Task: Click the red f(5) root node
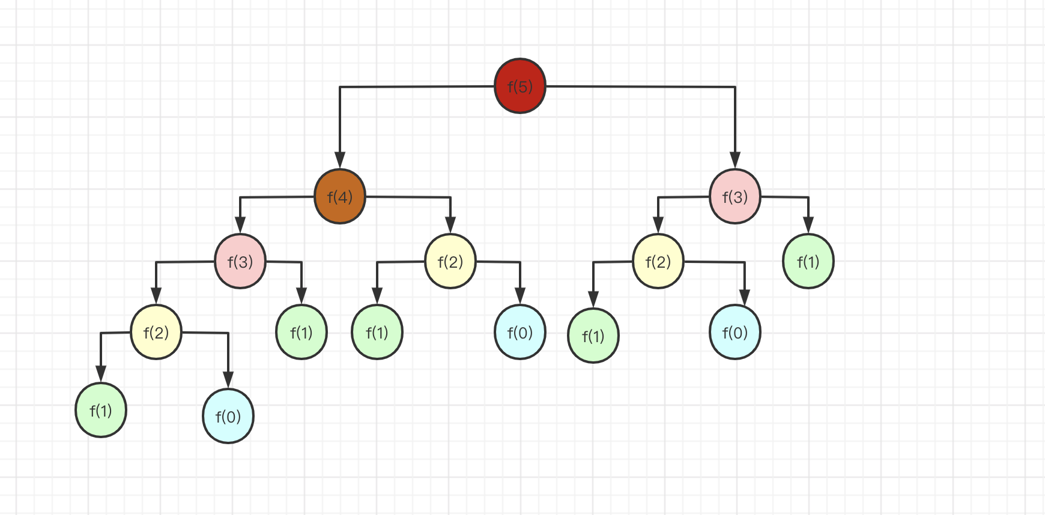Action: (x=520, y=86)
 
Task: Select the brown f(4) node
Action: (x=340, y=196)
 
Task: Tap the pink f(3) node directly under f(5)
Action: (x=735, y=196)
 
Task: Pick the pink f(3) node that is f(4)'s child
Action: (x=240, y=261)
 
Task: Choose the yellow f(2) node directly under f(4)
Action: (x=450, y=261)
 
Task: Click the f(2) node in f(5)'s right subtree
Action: (x=658, y=261)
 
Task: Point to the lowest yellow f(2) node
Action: (x=156, y=332)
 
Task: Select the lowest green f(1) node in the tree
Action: (x=101, y=410)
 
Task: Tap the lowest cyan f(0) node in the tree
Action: (x=228, y=416)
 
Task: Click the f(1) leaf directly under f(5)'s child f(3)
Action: (x=808, y=261)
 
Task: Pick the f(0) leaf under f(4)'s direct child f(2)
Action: (x=520, y=332)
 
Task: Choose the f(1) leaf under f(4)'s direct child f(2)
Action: (x=377, y=332)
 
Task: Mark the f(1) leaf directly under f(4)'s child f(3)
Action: (x=301, y=332)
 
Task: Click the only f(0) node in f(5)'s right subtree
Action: (x=735, y=332)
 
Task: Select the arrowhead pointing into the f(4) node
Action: (x=340, y=161)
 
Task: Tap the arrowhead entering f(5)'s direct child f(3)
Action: (x=735, y=161)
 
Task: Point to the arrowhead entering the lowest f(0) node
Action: (x=228, y=380)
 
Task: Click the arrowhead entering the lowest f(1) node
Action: (x=101, y=374)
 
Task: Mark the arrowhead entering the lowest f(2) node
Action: (x=156, y=297)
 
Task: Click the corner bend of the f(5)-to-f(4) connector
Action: (x=340, y=88)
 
